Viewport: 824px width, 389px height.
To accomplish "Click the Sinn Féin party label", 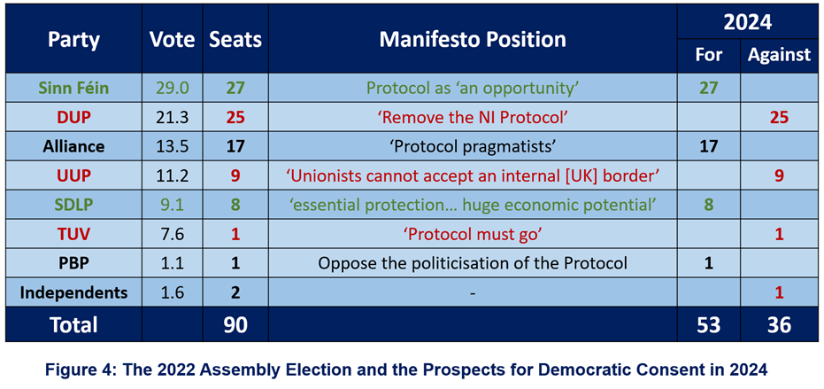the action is click(x=73, y=88).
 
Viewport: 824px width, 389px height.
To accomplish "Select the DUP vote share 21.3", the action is click(x=173, y=117).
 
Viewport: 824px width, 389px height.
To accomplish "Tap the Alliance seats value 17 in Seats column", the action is click(x=235, y=146).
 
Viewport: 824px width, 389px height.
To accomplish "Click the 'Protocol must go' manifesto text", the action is click(x=473, y=234).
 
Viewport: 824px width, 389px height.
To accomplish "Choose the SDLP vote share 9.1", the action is click(x=173, y=204).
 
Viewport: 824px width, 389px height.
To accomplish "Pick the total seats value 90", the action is click(x=235, y=325).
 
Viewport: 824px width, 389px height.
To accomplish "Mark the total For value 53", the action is click(x=708, y=325).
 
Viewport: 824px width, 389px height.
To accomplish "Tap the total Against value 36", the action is click(x=779, y=325).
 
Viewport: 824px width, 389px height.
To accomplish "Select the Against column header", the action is click(x=779, y=55).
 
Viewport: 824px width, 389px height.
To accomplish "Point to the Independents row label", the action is click(x=73, y=292).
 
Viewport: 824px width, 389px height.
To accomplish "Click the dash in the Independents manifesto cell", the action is click(x=473, y=293).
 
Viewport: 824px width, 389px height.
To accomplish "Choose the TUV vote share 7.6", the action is click(x=173, y=234).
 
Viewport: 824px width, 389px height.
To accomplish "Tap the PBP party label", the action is click(x=73, y=262).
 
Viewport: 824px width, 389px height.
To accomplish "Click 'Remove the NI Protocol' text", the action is click(x=473, y=117).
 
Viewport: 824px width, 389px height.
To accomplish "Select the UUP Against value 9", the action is click(x=779, y=175).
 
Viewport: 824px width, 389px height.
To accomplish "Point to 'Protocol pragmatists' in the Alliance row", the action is click(x=473, y=146).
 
